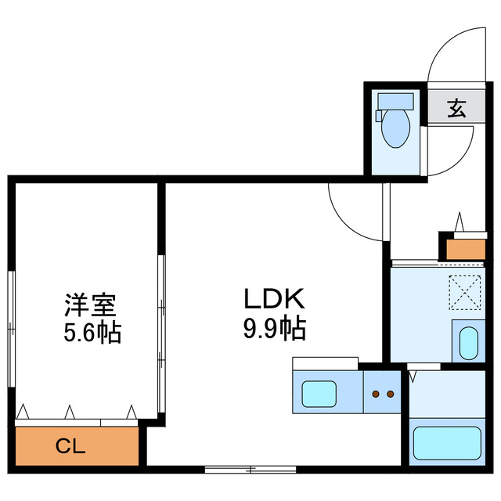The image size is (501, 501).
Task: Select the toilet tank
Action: pos(394,101)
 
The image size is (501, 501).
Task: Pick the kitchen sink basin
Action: pos(319,391)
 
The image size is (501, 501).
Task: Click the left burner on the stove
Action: pos(377,395)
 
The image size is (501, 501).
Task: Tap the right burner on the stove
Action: pos(389,395)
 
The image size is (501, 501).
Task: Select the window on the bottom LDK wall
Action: pos(250,470)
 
